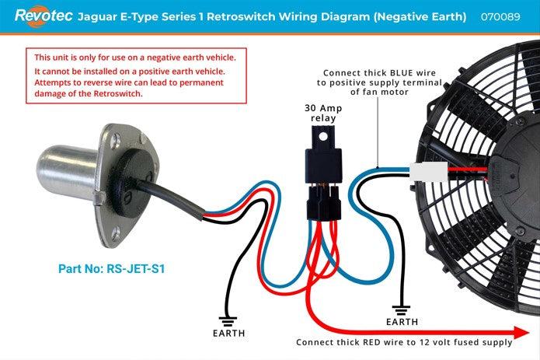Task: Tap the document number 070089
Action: (x=500, y=16)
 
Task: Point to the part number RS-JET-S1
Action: (x=112, y=270)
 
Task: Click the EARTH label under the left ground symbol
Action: (x=228, y=333)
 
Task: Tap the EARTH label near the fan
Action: (x=401, y=321)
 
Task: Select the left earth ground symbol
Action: (x=228, y=318)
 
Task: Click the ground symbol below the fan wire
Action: (x=401, y=306)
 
